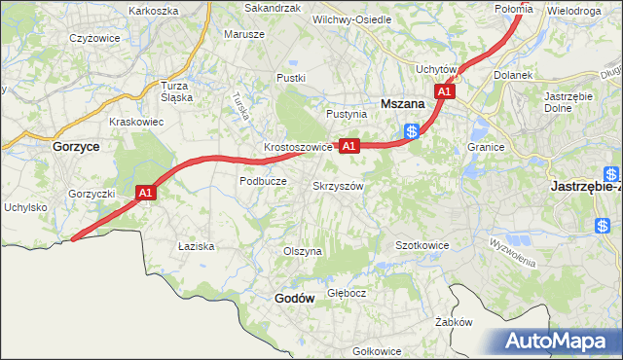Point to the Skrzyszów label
[338, 186]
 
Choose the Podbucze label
[263, 181]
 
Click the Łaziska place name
[196, 246]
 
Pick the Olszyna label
[302, 251]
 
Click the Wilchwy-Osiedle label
[351, 19]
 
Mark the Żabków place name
[454, 322]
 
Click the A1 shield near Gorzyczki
[146, 194]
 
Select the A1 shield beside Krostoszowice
[350, 146]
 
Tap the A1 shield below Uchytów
[444, 90]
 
